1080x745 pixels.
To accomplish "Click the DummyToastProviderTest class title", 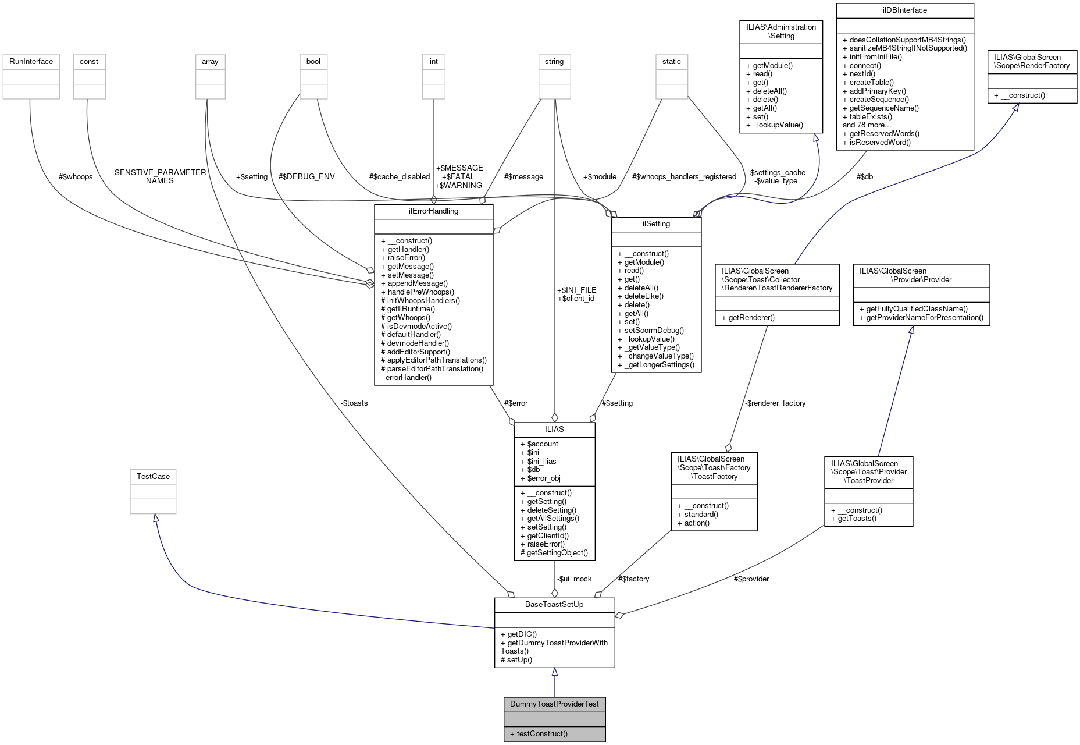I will tap(554, 704).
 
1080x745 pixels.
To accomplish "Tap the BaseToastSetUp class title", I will tap(554, 604).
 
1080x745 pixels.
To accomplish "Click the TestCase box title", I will tap(153, 476).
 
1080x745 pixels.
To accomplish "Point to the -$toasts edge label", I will tap(354, 403).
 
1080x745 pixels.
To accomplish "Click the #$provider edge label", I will tap(751, 579).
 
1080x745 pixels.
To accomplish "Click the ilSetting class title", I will tap(656, 223).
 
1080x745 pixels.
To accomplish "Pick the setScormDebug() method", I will tap(654, 330).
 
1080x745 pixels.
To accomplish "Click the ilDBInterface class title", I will tap(904, 10).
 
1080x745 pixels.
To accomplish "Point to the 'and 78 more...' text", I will tap(867, 125).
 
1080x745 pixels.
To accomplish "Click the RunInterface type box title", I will tap(31, 61).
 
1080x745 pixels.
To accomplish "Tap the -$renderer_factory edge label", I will tap(775, 403).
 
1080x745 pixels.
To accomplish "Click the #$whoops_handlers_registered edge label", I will tap(684, 176).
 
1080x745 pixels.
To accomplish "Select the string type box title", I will tap(554, 61).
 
